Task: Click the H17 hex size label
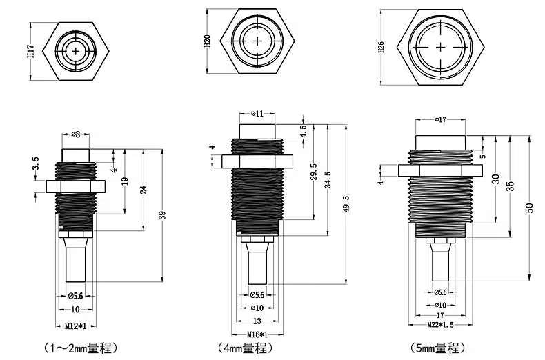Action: (31, 51)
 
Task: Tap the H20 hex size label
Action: (207, 41)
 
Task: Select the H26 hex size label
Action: (381, 48)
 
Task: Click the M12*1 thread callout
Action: (76, 326)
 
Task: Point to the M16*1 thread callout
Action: (257, 334)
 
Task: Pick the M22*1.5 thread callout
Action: (440, 325)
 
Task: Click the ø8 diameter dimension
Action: (76, 134)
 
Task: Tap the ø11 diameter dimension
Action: (257, 113)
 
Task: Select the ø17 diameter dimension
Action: (440, 119)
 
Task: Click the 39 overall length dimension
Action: (162, 215)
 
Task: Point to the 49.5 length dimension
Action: (346, 204)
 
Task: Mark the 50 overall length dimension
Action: (530, 208)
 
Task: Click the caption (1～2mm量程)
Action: (81, 348)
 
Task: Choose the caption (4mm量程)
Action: (246, 348)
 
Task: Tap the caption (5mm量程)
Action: (437, 348)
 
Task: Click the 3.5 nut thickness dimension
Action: (35, 163)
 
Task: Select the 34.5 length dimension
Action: (328, 179)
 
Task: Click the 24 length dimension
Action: (143, 190)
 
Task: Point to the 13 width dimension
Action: (257, 321)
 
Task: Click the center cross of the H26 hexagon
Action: (440, 47)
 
